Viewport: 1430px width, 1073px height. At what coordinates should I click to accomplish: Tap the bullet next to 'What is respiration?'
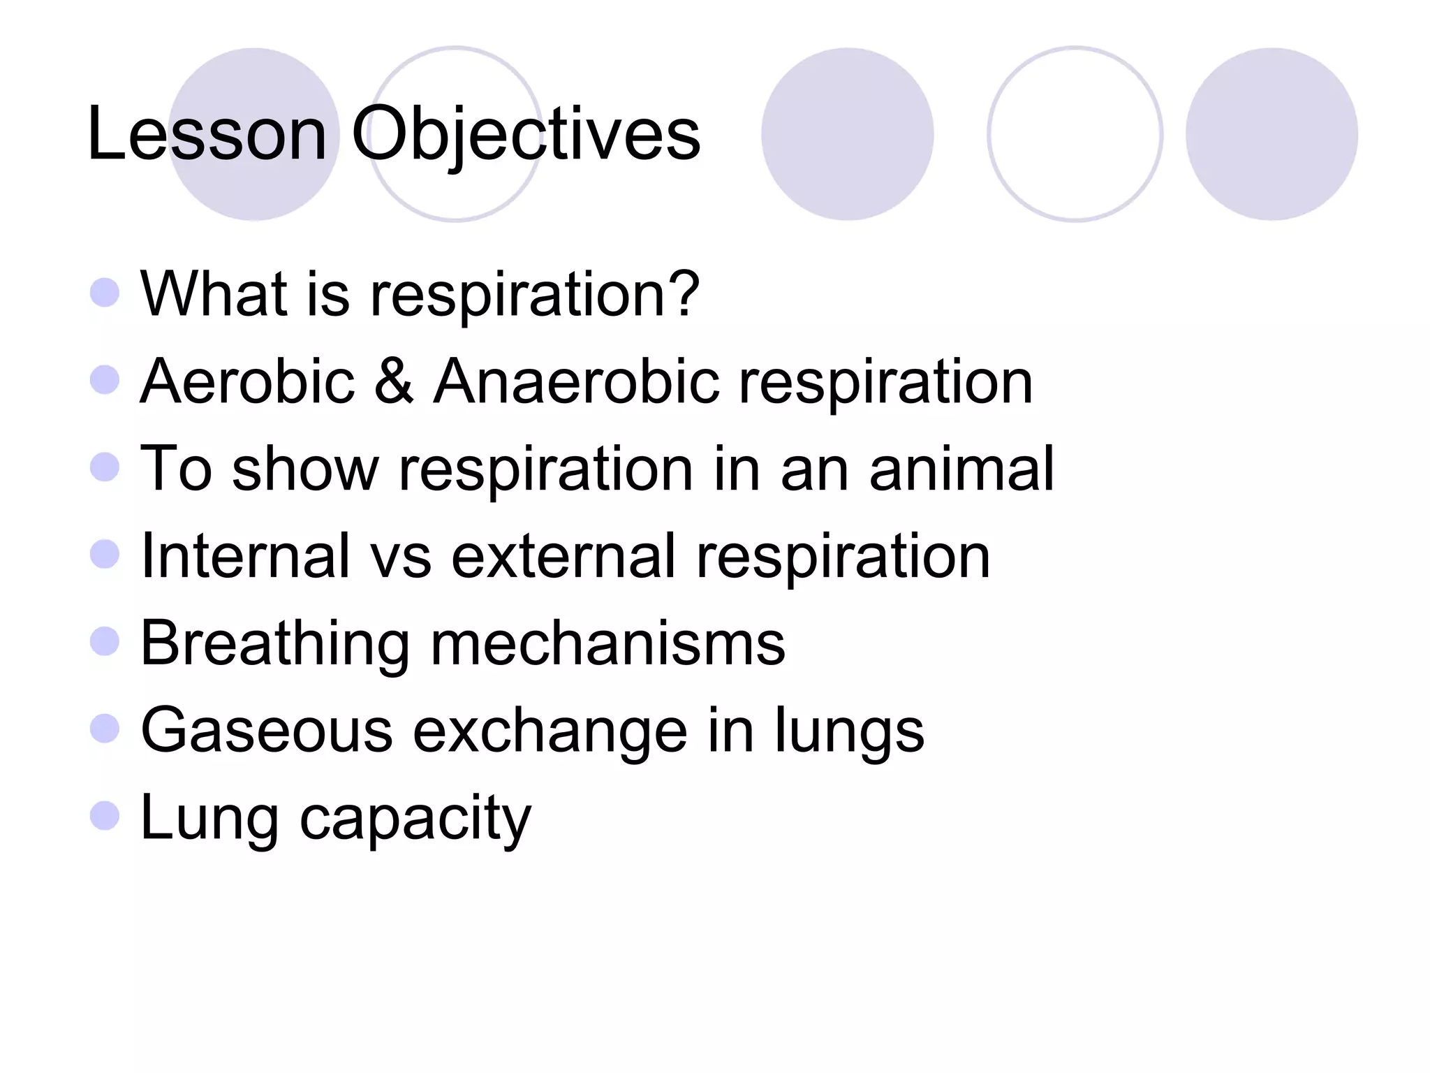tap(105, 293)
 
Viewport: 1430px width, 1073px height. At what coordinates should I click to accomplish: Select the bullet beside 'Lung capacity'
tap(105, 815)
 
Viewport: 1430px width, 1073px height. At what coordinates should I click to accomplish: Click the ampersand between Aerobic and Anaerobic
tap(394, 381)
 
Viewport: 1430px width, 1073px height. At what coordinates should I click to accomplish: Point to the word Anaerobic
tap(576, 381)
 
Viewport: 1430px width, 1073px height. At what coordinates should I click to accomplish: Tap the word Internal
tap(244, 556)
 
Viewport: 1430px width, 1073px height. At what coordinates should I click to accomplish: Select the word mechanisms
tap(607, 643)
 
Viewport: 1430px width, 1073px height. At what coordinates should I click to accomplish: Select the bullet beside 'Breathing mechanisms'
tap(105, 641)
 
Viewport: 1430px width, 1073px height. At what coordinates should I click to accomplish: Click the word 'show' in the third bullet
tap(305, 469)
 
